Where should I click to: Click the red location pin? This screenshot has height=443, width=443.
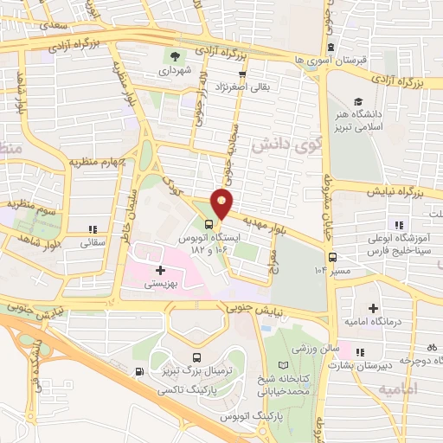click(x=222, y=202)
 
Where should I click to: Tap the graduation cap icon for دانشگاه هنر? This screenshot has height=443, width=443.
click(x=358, y=101)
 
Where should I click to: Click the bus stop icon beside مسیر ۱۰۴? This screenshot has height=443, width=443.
click(x=332, y=257)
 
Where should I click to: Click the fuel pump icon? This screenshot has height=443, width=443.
click(x=141, y=372)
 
